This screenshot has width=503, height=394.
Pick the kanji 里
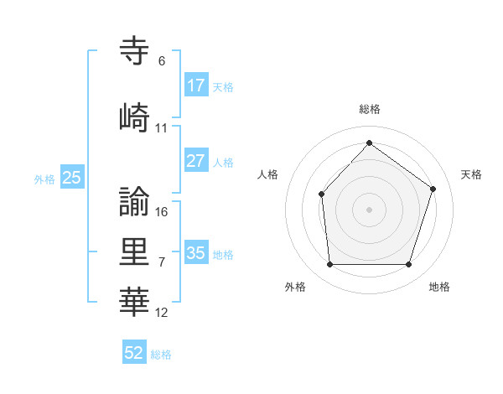(135, 251)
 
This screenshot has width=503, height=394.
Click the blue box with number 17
(195, 86)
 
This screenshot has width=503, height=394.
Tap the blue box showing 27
(195, 161)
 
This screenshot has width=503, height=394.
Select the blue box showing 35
(195, 253)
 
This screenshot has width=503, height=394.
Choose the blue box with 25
(71, 178)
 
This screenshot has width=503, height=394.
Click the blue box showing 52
(134, 353)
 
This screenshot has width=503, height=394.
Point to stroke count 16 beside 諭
(162, 212)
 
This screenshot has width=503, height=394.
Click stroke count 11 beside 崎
(162, 128)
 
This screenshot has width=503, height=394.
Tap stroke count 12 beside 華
(162, 313)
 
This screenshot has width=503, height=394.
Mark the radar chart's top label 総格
(369, 109)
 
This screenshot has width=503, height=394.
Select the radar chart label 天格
(471, 174)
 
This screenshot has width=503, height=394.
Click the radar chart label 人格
(267, 174)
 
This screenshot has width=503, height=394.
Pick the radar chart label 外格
(295, 287)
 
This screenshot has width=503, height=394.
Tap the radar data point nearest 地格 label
(408, 264)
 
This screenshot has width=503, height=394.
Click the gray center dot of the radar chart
(369, 209)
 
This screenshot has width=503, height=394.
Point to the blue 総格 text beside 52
(161, 355)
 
